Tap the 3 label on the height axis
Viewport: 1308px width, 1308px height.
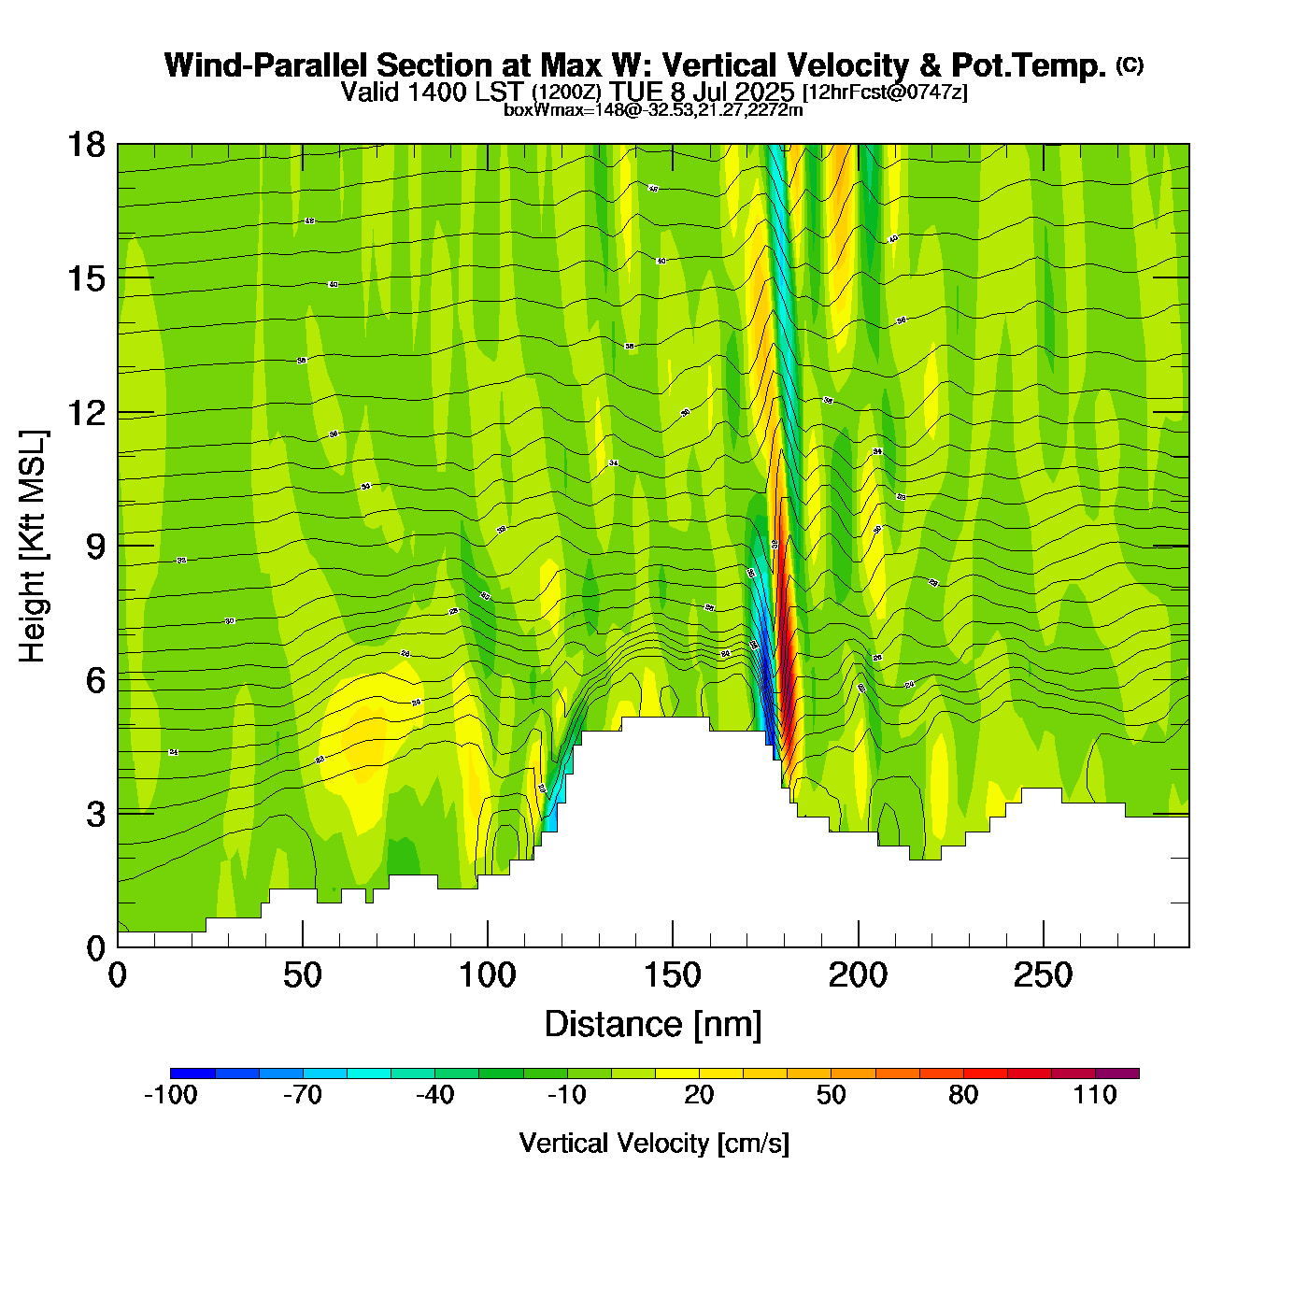click(95, 814)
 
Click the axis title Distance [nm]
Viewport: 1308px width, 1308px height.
click(653, 1025)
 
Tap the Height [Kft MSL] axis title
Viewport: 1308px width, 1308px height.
click(33, 547)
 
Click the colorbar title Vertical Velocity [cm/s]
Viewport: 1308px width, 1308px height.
click(654, 1144)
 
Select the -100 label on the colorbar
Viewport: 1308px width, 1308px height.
click(170, 1095)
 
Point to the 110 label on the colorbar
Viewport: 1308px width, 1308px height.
click(1095, 1095)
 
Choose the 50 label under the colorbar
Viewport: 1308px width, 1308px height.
click(831, 1095)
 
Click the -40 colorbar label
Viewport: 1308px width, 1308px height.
click(434, 1095)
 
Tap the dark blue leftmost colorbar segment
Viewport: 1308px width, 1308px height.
click(192, 1073)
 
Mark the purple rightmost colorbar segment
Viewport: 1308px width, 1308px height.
click(1117, 1073)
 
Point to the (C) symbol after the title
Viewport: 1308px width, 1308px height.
click(1130, 64)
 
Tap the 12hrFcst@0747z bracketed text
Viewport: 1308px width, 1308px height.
click(885, 92)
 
